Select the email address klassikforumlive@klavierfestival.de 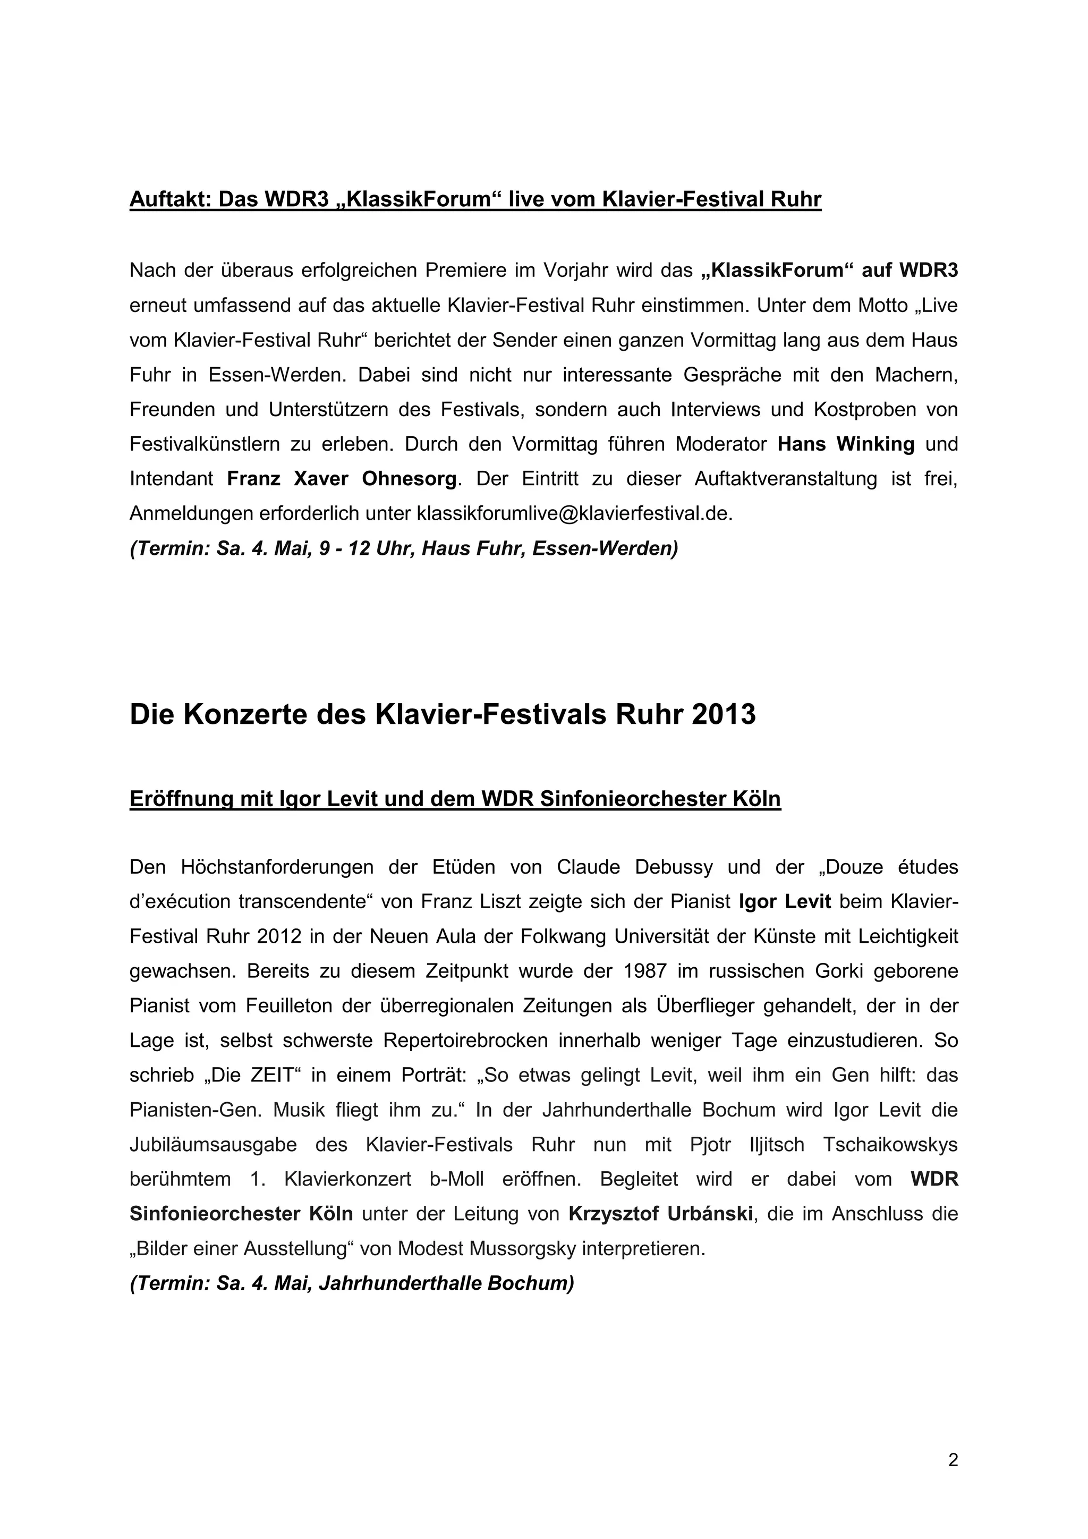(x=575, y=513)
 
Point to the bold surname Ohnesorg (x=410, y=479)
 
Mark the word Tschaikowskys (x=890, y=1144)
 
